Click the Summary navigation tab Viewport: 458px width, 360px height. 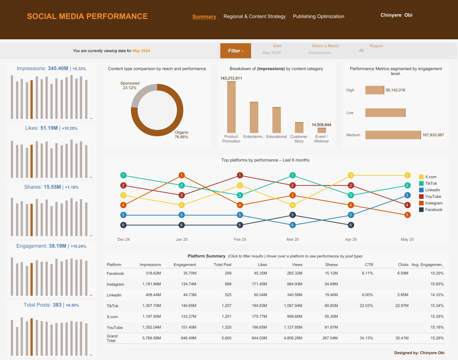coord(204,16)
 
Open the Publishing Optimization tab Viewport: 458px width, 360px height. coord(318,16)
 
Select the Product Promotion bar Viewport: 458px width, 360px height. coord(231,107)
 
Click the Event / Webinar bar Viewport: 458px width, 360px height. coord(321,130)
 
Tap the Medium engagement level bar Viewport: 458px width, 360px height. coord(393,135)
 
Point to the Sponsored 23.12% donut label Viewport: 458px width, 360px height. coord(130,85)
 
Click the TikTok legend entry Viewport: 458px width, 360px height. coord(431,183)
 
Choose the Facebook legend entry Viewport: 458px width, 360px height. coord(433,210)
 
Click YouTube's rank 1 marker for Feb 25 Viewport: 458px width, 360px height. coord(240,176)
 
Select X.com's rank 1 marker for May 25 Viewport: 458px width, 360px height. coord(407,176)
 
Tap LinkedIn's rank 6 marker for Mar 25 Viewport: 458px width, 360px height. coord(293,225)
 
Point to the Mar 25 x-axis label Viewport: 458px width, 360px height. coord(293,239)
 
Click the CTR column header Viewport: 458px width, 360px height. coord(369,265)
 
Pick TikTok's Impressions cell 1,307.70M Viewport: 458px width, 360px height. coord(152,306)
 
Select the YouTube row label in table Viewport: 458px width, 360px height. coord(115,328)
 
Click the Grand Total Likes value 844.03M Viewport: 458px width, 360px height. coord(260,338)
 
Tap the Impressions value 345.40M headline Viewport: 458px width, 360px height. coord(58,68)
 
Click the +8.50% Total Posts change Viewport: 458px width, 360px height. coord(72,305)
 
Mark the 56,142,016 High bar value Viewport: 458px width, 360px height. coord(395,90)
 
